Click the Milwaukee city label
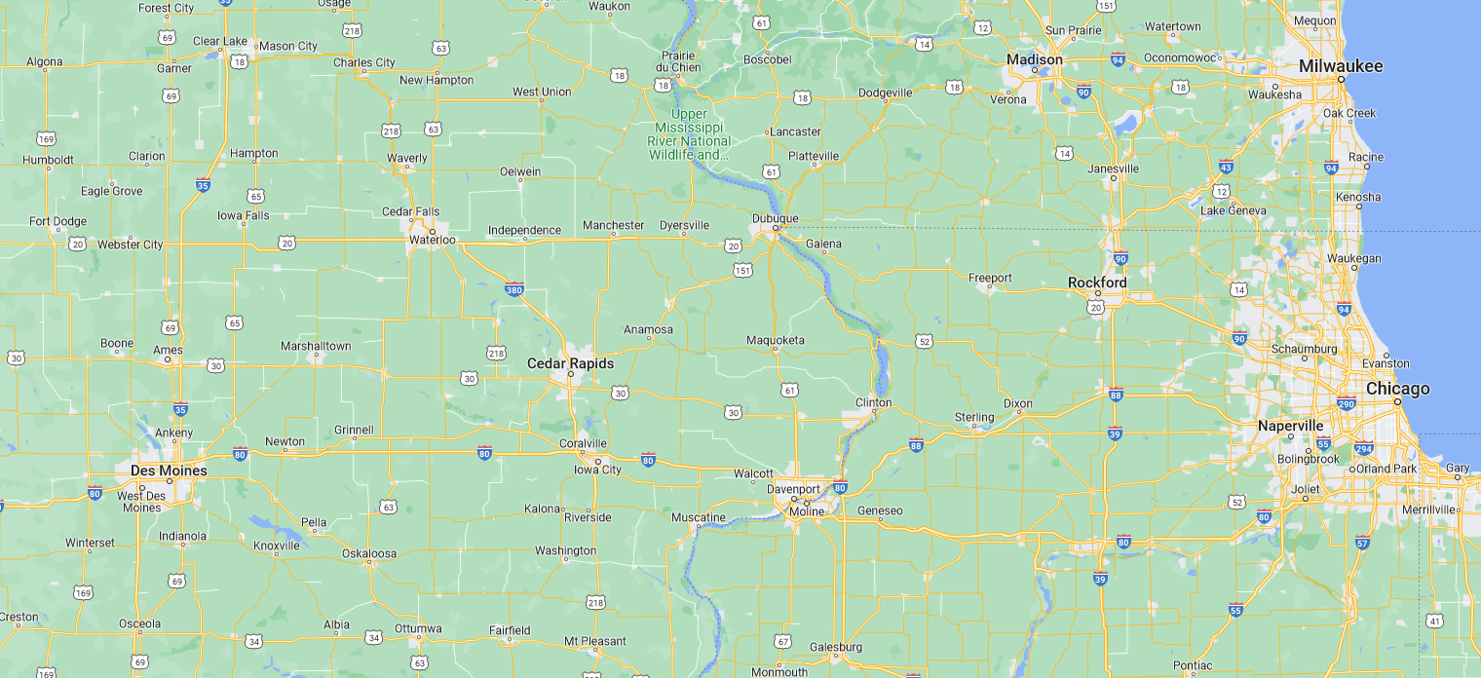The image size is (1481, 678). (1340, 66)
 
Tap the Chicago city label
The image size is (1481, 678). (1397, 389)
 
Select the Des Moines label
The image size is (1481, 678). (169, 471)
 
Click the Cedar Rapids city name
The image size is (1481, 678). (570, 363)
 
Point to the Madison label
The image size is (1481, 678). (1034, 59)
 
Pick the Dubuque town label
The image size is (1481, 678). (775, 218)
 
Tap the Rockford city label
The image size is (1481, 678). (1097, 282)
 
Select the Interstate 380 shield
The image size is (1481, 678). (514, 289)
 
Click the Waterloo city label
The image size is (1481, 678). (432, 239)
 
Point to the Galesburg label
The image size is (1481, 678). (835, 647)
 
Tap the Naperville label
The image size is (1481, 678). (1290, 426)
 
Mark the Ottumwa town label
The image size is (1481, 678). (418, 628)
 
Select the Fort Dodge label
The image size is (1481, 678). (57, 221)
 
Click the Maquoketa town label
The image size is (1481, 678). (776, 340)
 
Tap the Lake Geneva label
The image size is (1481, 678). (1233, 210)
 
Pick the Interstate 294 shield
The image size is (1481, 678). (1364, 449)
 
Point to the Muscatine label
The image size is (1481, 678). (698, 517)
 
